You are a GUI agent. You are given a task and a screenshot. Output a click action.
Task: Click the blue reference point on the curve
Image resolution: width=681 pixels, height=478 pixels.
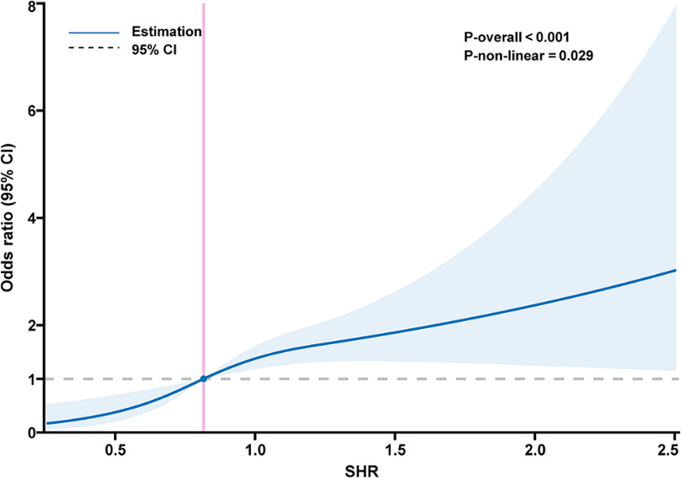[x=203, y=379]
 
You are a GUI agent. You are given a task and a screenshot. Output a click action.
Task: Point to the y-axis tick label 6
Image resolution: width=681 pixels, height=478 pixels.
[x=30, y=111]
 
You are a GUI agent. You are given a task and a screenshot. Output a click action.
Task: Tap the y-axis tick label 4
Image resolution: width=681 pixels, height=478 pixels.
[x=30, y=218]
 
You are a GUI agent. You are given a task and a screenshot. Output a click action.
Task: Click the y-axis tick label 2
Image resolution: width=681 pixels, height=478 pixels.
[x=30, y=326]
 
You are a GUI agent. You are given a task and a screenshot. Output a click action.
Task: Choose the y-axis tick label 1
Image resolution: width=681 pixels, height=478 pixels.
[x=30, y=379]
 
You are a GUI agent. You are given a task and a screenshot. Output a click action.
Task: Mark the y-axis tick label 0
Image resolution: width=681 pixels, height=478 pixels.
[x=30, y=432]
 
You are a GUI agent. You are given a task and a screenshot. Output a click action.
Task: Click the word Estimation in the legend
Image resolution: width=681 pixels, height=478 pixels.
[x=166, y=32]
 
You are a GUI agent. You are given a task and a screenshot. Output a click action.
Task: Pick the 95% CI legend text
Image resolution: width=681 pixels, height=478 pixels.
[x=153, y=49]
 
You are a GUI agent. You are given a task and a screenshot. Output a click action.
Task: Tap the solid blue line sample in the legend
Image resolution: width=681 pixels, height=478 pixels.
[x=93, y=33]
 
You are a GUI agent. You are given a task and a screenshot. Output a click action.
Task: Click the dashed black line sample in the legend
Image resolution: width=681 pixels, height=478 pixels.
[x=93, y=50]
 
